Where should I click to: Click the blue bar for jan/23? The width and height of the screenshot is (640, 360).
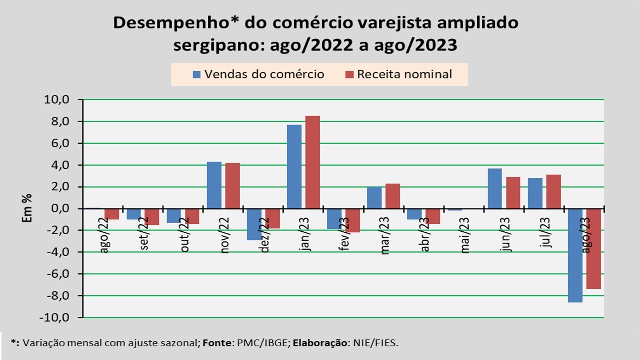tap(294, 166)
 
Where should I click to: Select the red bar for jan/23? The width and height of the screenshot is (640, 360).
tap(312, 162)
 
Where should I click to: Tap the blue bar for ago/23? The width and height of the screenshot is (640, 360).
tap(575, 255)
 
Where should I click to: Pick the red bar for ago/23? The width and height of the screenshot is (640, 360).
tap(593, 249)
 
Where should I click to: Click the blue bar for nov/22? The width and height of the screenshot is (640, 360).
tap(214, 185)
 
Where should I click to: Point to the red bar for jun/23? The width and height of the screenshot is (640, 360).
tap(513, 192)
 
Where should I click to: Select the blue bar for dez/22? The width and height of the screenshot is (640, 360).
tap(254, 224)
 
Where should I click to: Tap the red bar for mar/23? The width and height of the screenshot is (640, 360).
tap(392, 196)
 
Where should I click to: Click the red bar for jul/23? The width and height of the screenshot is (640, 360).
tap(553, 191)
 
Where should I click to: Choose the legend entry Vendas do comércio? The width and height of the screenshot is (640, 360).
tap(258, 74)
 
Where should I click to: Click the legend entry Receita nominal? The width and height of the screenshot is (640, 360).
tap(398, 74)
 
